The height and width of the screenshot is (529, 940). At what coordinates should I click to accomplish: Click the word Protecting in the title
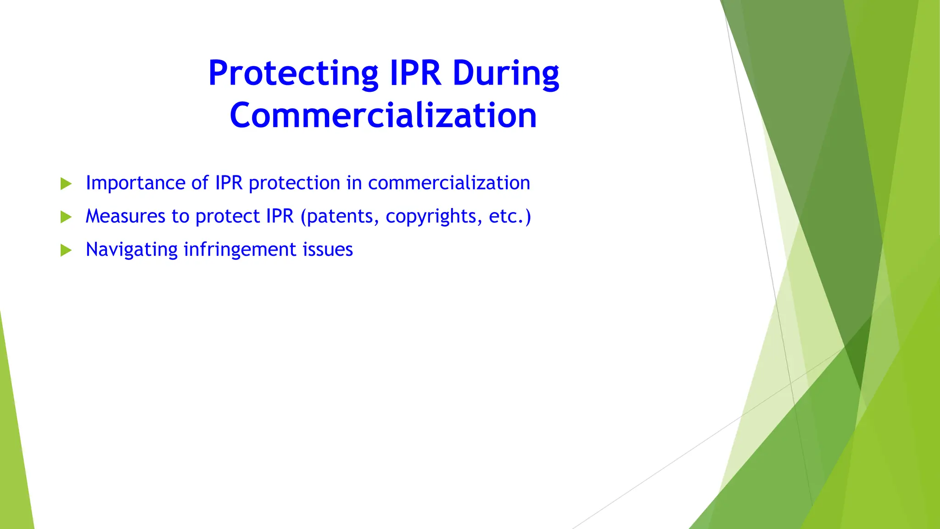[x=293, y=73]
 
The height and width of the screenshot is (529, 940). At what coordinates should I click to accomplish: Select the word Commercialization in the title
[x=383, y=115]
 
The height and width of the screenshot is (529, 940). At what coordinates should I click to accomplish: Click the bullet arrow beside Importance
[x=66, y=184]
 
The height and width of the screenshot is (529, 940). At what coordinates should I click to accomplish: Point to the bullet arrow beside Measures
[x=66, y=217]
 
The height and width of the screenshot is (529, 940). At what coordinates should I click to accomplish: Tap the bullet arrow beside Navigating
[x=66, y=250]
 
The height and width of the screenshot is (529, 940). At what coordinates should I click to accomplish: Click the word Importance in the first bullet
[x=135, y=183]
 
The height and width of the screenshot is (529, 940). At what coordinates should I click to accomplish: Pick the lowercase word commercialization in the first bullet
[x=449, y=183]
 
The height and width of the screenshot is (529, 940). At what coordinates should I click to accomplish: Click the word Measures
[x=125, y=216]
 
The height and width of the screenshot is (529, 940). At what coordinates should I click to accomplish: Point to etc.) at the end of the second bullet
[x=510, y=216]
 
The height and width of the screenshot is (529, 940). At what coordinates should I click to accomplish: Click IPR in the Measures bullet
[x=277, y=216]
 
